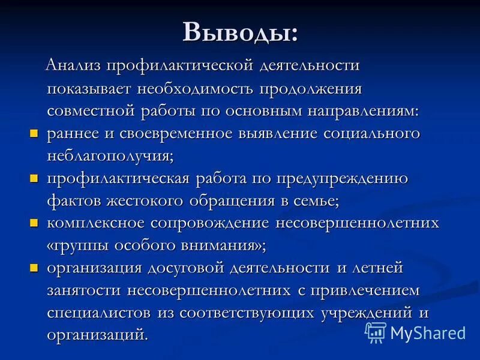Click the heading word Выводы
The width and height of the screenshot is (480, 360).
[239, 32]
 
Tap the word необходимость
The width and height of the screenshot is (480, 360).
[196, 89]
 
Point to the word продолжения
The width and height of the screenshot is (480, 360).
[311, 89]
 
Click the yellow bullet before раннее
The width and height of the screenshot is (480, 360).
[34, 133]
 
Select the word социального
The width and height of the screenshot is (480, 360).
[371, 133]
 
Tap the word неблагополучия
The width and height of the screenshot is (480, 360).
[110, 156]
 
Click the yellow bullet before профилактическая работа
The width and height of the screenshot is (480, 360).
[34, 178]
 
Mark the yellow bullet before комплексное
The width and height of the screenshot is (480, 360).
[34, 223]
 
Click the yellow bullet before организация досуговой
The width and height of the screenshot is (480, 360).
[34, 267]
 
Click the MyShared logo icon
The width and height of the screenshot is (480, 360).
[376, 332]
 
